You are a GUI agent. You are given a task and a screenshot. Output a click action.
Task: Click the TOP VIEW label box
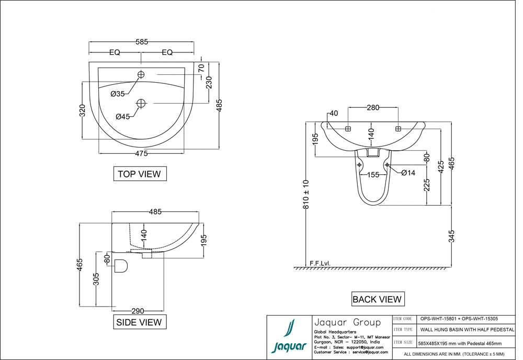tap(140, 174)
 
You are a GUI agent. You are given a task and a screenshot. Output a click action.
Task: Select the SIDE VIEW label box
tap(140, 322)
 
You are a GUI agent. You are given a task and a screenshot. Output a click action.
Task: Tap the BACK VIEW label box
tap(377, 299)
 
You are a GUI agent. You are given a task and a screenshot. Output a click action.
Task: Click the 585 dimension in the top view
tap(141, 41)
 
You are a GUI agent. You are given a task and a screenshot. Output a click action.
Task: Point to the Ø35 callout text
tap(118, 94)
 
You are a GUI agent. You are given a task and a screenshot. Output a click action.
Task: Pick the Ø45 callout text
tap(123, 117)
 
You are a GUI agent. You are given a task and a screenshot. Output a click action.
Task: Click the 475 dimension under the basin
tap(141, 153)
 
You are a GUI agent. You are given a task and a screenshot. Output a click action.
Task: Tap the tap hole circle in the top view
tap(141, 75)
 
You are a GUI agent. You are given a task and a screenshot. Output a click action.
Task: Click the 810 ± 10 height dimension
tap(306, 195)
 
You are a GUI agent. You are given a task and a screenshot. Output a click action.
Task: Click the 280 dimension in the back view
tap(373, 108)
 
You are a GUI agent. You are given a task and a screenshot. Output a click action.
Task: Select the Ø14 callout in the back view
tap(408, 173)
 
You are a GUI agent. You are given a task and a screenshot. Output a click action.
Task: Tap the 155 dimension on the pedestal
tap(373, 175)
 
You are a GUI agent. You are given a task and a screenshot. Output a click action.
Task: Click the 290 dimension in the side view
tap(138, 311)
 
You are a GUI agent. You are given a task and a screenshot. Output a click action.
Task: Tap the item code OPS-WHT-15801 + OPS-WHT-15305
tap(466, 318)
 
